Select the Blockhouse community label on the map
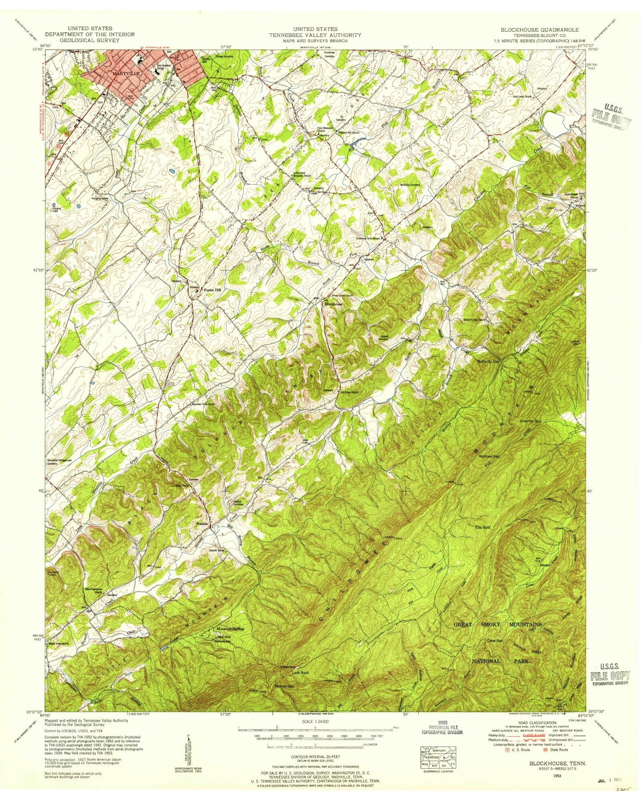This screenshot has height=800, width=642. point(333,304)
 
